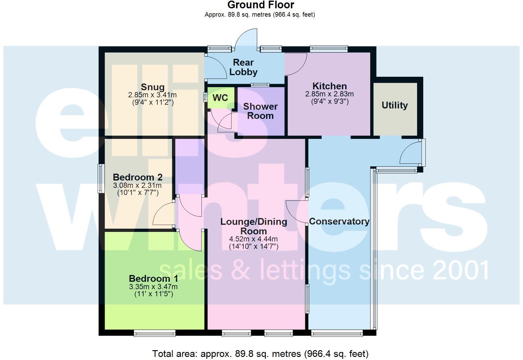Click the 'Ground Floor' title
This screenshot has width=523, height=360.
coord(261,5)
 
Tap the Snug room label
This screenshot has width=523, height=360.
coord(152,87)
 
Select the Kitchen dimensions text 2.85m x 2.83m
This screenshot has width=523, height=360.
coord(329,94)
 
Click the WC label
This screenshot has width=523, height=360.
coord(220,98)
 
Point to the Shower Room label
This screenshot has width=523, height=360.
coord(260,111)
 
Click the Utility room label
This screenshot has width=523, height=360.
coord(395,105)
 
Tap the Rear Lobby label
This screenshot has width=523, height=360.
coord(243,67)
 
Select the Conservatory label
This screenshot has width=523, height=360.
coord(339,221)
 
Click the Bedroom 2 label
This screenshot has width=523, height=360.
coord(138,177)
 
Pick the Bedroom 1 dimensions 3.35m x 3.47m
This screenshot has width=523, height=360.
coord(153,287)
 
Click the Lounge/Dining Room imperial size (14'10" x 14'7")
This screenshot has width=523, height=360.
coord(253,247)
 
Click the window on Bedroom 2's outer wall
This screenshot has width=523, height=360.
coord(101,179)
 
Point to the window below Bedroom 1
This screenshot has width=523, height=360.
coord(155,333)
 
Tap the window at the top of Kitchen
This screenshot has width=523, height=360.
coord(329,48)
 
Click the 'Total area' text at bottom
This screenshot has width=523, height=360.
coord(260,354)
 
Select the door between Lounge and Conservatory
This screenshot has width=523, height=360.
coord(297,212)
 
